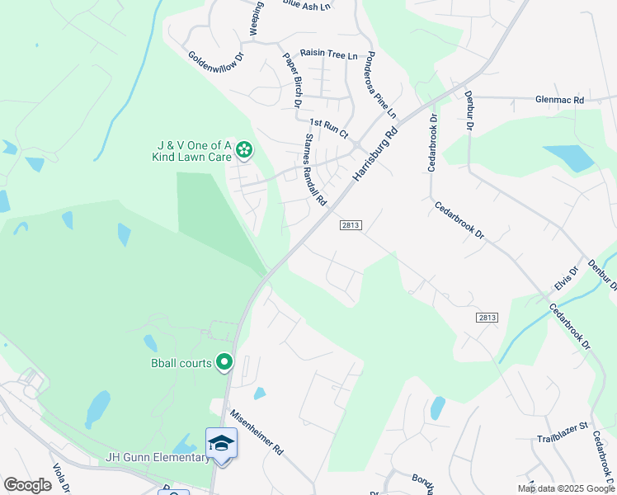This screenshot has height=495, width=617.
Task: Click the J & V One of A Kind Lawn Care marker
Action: (243, 149)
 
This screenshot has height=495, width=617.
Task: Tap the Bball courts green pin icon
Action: (224, 361)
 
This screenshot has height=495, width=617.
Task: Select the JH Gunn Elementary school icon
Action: (221, 444)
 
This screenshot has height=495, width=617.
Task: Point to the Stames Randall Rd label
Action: (316, 170)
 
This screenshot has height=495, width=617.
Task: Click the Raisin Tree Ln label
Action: (329, 54)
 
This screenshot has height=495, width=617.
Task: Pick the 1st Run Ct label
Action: (329, 127)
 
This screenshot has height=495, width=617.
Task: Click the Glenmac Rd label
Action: (559, 100)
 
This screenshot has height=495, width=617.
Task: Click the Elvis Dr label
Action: (563, 283)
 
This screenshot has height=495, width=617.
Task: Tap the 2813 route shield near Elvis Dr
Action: (487, 318)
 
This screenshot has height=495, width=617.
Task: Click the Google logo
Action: (27, 485)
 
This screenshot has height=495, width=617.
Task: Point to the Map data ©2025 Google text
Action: (565, 488)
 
